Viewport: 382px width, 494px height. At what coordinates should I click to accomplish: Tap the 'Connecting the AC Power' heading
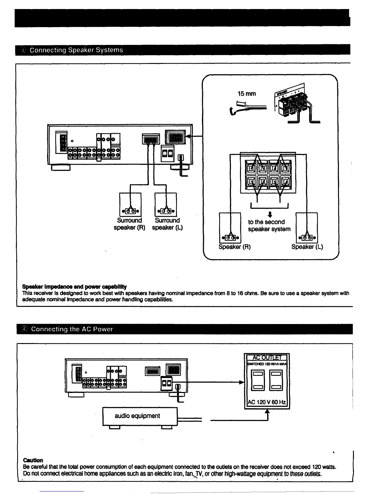tap(72, 329)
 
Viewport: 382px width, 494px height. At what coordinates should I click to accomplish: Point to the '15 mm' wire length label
tap(247, 94)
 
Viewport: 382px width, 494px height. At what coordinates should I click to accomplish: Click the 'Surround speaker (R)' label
tap(130, 224)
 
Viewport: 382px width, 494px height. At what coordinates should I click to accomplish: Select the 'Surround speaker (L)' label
tap(167, 224)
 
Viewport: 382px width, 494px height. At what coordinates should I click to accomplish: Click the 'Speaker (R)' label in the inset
tap(234, 247)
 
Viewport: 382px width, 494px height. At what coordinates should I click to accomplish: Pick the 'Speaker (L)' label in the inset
tap(307, 247)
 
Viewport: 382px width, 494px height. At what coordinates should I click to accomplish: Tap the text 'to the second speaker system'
tap(269, 225)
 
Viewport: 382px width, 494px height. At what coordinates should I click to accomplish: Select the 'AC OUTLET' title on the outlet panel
tap(267, 357)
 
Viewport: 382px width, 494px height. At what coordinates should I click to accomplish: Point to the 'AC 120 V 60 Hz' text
tap(267, 402)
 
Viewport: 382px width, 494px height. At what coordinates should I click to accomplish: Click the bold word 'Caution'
tap(33, 460)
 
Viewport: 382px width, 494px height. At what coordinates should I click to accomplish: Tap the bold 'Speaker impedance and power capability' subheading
tap(74, 287)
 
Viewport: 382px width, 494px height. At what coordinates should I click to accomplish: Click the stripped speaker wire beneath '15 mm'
tap(247, 108)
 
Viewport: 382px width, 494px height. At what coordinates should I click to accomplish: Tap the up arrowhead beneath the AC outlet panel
tap(267, 412)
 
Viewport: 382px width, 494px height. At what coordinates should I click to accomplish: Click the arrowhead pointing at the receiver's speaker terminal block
tap(188, 136)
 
